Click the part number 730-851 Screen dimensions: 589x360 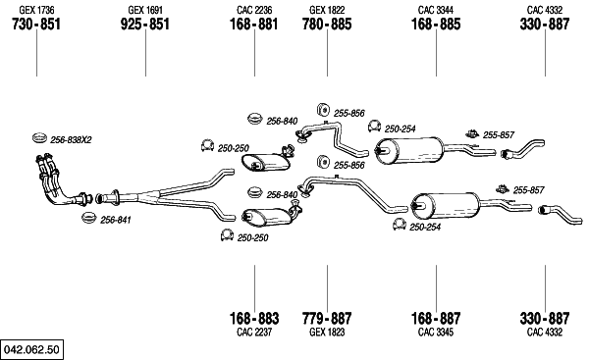(36, 25)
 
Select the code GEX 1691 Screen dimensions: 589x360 (145, 10)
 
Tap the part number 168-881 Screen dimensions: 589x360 (254, 25)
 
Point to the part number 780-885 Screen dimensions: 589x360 (327, 25)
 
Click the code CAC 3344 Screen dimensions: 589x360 (436, 10)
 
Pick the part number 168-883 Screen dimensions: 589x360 (254, 319)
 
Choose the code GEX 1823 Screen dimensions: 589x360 (327, 333)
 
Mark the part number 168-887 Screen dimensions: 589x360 (436, 319)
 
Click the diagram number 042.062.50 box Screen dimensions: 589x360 (32, 349)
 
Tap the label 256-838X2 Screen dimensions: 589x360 (71, 140)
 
